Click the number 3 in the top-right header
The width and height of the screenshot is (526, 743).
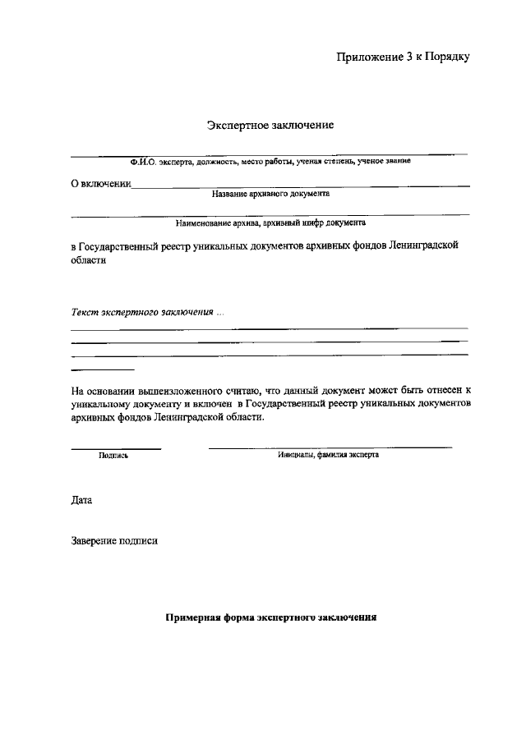pos(409,57)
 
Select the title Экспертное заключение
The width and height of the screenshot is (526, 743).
pos(269,126)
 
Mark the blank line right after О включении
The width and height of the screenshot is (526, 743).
pos(301,187)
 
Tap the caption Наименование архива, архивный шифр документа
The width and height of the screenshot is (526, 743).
pos(270,222)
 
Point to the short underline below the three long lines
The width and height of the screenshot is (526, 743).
pos(103,369)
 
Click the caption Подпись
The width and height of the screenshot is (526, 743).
pos(113,455)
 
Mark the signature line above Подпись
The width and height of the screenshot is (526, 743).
pos(116,448)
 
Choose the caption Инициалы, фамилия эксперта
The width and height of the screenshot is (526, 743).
pos(329,454)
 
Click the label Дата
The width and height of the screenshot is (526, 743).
pos(82,500)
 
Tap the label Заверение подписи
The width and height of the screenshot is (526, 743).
pos(114,541)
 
